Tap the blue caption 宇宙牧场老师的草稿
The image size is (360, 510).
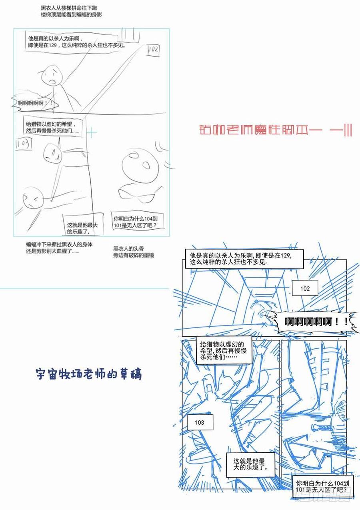88,374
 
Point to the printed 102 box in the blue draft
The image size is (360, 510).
305,288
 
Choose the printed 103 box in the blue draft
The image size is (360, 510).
199,422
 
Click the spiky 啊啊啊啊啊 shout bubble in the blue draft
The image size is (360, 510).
312,321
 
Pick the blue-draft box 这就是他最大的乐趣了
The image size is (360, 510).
249,464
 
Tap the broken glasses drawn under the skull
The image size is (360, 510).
138,194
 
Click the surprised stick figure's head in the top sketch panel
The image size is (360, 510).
52,76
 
